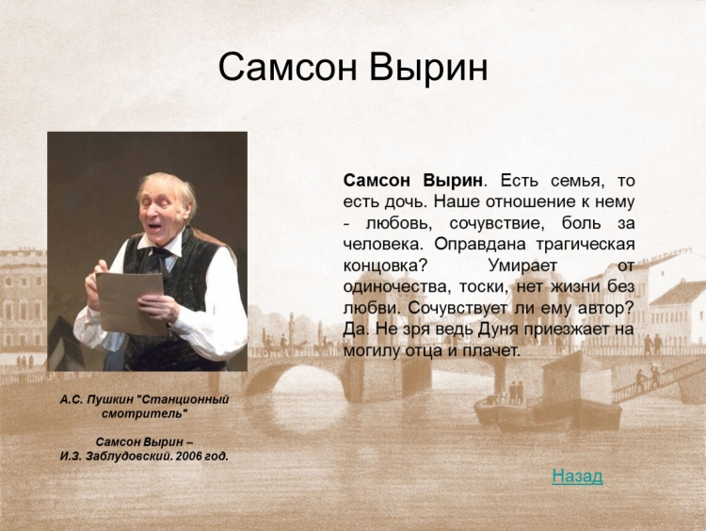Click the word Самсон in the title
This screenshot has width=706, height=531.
tap(288, 68)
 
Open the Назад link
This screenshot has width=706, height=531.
tap(577, 475)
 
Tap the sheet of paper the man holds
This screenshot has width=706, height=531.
tap(132, 302)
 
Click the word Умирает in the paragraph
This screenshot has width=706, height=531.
tap(522, 265)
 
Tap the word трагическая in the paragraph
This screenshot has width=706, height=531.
tap(586, 245)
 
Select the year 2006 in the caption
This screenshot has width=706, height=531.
tap(188, 457)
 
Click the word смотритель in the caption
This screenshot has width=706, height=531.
tap(144, 413)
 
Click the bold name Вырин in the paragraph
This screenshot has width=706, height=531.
tap(453, 181)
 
